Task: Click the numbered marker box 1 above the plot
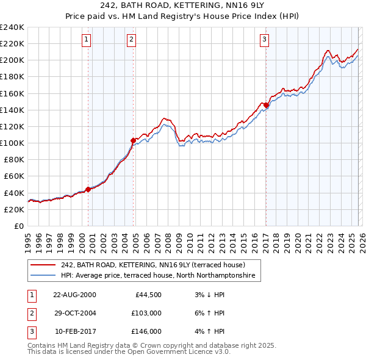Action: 87,40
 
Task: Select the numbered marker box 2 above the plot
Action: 132,40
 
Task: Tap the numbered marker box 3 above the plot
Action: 265,40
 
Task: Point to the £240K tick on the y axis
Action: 12,27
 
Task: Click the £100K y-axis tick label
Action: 12,143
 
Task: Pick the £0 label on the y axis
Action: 18,226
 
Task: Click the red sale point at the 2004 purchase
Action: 133,140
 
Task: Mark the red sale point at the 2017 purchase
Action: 266,105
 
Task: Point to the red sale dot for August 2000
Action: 88,189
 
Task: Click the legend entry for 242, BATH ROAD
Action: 152,265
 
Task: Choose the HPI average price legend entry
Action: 160,276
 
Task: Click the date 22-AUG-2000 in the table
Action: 74,295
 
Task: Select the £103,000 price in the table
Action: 146,313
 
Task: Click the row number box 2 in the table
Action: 31,313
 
